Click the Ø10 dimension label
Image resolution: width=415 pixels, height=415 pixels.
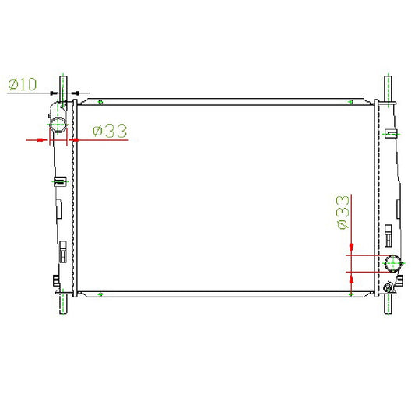[x=23, y=84]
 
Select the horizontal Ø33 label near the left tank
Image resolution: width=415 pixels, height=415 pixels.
[x=110, y=131]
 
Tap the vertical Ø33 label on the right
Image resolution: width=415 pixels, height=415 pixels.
[x=343, y=213]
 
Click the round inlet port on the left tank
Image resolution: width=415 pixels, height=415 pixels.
[x=58, y=125]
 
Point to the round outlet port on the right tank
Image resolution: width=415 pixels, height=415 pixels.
[x=392, y=263]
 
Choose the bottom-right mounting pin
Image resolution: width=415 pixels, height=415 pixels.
[x=388, y=304]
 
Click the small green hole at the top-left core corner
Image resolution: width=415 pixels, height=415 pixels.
[x=100, y=102]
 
